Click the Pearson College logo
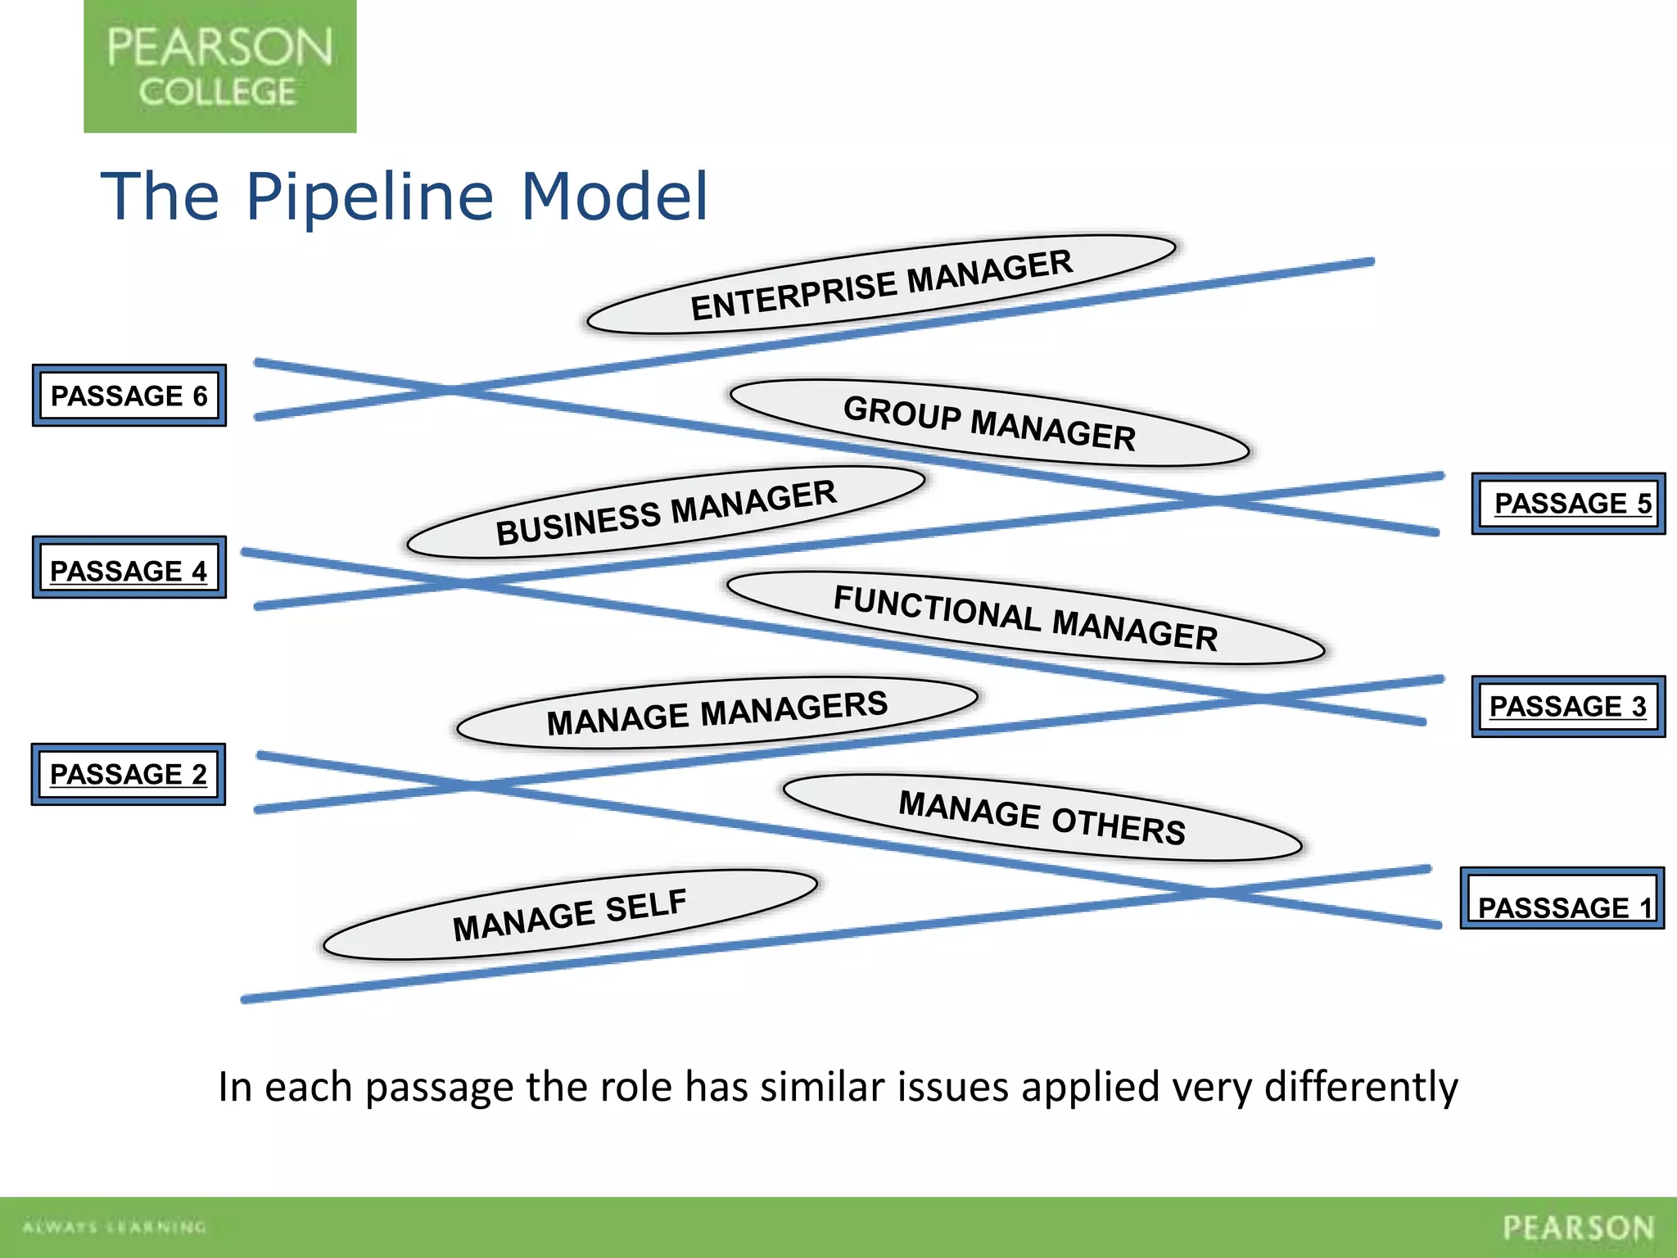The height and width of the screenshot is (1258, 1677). click(x=219, y=66)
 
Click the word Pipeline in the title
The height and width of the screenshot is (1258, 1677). click(x=369, y=197)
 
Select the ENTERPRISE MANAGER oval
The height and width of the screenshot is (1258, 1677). click(x=881, y=285)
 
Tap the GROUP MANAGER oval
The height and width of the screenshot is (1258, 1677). click(x=989, y=423)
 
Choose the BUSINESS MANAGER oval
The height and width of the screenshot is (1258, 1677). click(x=666, y=513)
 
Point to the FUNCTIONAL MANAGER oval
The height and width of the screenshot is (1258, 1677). click(x=1025, y=618)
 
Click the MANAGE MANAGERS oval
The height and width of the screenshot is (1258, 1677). click(x=716, y=713)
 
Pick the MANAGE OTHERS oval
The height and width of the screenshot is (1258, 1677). click(x=1042, y=817)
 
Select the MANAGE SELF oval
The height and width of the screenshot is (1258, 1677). click(x=570, y=915)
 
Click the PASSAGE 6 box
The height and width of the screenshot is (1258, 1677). click(x=129, y=396)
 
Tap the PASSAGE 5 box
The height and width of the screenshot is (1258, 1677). click(x=1568, y=504)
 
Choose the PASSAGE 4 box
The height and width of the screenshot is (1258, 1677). click(x=129, y=568)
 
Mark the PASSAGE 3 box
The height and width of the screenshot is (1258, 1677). click(x=1568, y=707)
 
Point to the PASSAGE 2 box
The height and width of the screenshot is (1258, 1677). click(x=129, y=775)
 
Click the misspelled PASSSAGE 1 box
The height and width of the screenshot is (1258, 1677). click(x=1562, y=898)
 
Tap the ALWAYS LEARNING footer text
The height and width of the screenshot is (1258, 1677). click(x=115, y=1227)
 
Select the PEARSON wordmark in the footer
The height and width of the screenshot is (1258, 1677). click(x=1578, y=1228)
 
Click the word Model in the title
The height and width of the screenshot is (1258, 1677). click(x=614, y=197)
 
